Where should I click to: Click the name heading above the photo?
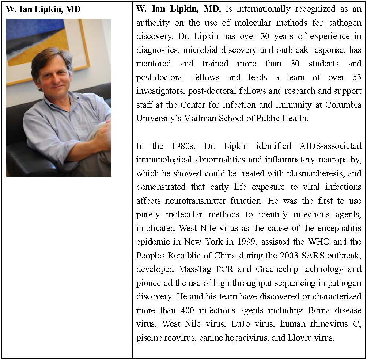pos(43,9)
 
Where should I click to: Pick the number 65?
pos(355,77)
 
